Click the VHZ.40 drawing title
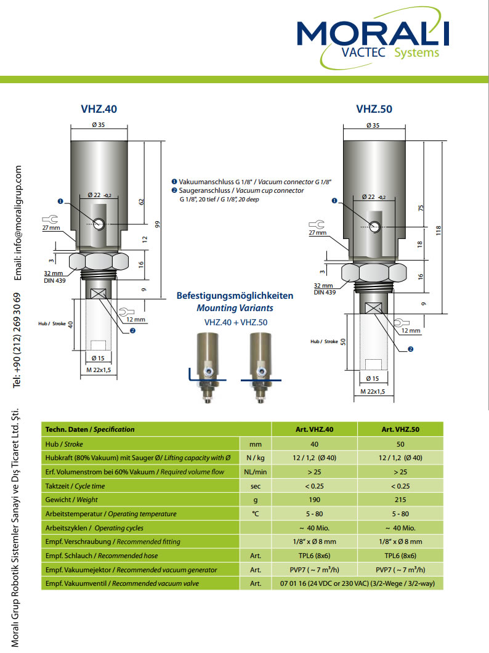(99, 109)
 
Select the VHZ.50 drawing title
(374, 109)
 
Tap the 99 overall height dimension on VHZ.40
(157, 224)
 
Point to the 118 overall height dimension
(438, 231)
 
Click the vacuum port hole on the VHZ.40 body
(99, 224)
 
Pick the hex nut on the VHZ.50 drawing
(374, 273)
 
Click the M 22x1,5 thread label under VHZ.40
(99, 370)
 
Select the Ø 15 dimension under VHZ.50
(373, 379)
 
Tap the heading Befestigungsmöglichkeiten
(235, 296)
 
